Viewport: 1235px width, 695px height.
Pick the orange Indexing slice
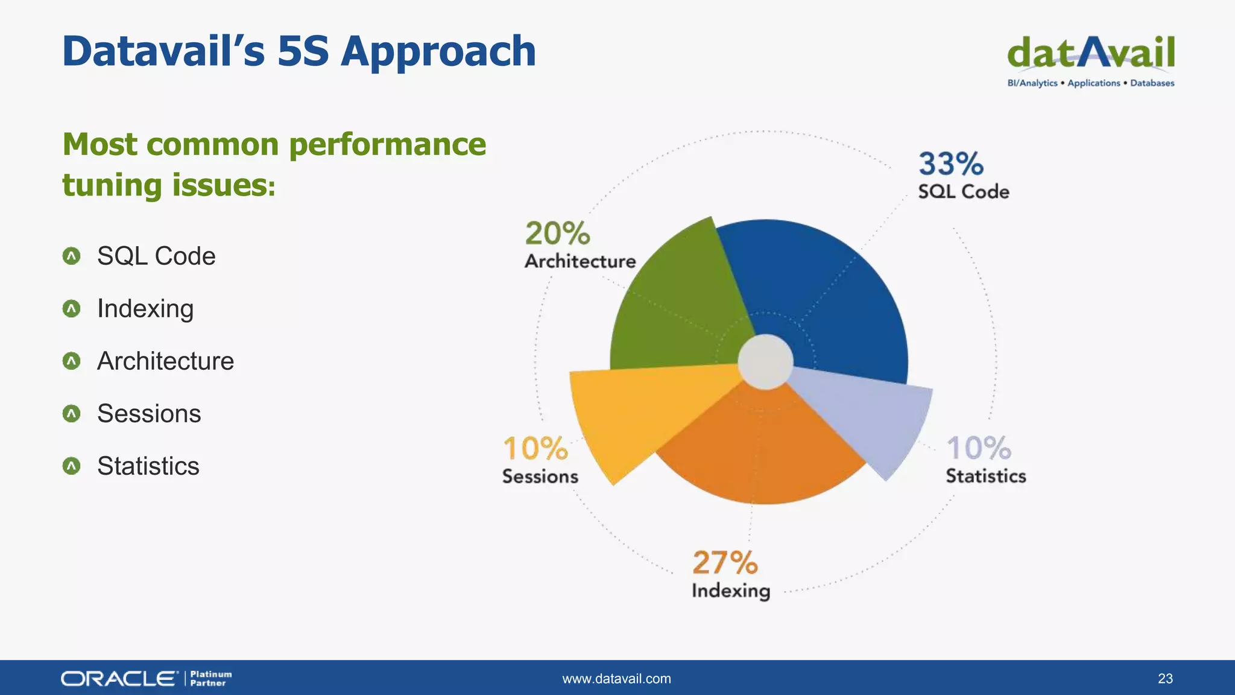(x=760, y=452)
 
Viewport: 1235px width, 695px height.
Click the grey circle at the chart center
(x=765, y=362)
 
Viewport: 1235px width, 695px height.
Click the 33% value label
(x=950, y=164)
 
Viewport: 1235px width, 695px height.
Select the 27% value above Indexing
(x=725, y=563)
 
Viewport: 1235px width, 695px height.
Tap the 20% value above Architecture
(x=557, y=233)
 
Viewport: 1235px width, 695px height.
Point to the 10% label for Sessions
(x=535, y=449)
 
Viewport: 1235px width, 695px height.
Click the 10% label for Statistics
(x=978, y=448)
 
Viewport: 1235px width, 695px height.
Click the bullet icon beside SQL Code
(x=71, y=256)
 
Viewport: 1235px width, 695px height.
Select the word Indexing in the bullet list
(x=145, y=309)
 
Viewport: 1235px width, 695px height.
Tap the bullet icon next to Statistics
(x=71, y=466)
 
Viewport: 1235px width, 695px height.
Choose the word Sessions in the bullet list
(x=149, y=414)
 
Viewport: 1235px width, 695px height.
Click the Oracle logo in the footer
(x=119, y=679)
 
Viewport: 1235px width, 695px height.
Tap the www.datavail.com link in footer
(x=616, y=679)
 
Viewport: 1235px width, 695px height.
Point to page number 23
(x=1165, y=679)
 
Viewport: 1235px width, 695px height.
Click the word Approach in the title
(x=438, y=52)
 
